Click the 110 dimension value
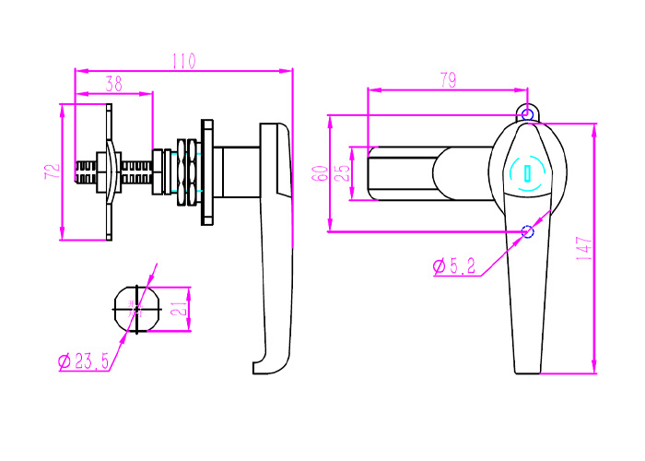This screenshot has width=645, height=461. pos(184,61)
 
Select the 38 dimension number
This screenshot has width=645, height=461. pos(114,84)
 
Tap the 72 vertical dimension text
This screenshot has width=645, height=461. pos(53,171)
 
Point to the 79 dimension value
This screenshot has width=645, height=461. pos(449,80)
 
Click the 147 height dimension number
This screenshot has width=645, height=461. pos(584,248)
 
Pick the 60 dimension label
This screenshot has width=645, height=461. pos(320,173)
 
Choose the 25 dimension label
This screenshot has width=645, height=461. pos(342,173)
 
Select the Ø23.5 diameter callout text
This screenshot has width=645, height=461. pos(84,361)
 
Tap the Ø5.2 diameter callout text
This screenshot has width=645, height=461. pos(454,266)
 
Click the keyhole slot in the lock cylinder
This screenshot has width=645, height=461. pos(526,173)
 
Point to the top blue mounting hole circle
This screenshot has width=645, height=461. pos(527,114)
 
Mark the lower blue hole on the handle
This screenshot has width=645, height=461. pos(527,231)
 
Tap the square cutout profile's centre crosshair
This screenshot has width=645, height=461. pos(136,309)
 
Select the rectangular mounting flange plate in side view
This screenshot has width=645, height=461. pos(207,172)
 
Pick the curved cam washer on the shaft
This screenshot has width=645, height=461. pos(109,172)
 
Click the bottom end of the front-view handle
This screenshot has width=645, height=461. pos(527,372)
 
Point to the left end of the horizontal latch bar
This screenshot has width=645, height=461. pos(369,173)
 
